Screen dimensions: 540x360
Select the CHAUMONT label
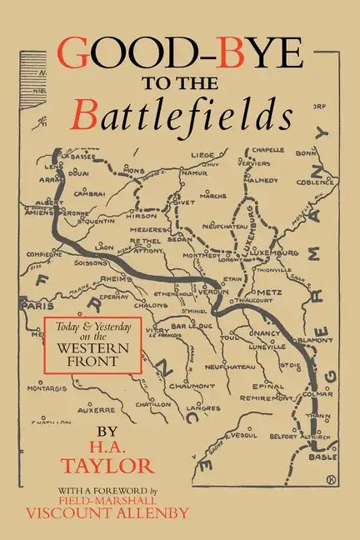(x=193, y=387)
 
